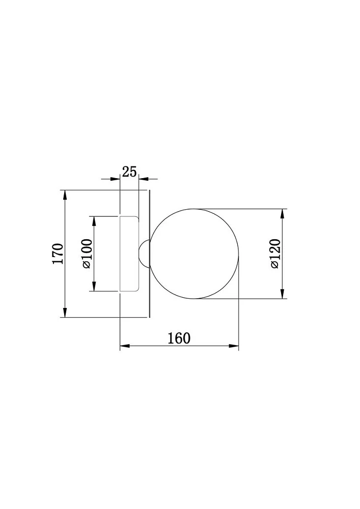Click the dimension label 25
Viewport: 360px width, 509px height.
(x=129, y=172)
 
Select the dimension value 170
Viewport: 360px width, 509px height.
(x=58, y=253)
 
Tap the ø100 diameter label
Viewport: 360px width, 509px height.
(x=87, y=254)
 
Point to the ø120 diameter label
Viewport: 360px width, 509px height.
(x=274, y=253)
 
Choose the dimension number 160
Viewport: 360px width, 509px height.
(x=179, y=338)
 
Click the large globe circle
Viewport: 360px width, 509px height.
(x=151, y=253)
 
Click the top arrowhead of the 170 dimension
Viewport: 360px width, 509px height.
(x=65, y=195)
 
